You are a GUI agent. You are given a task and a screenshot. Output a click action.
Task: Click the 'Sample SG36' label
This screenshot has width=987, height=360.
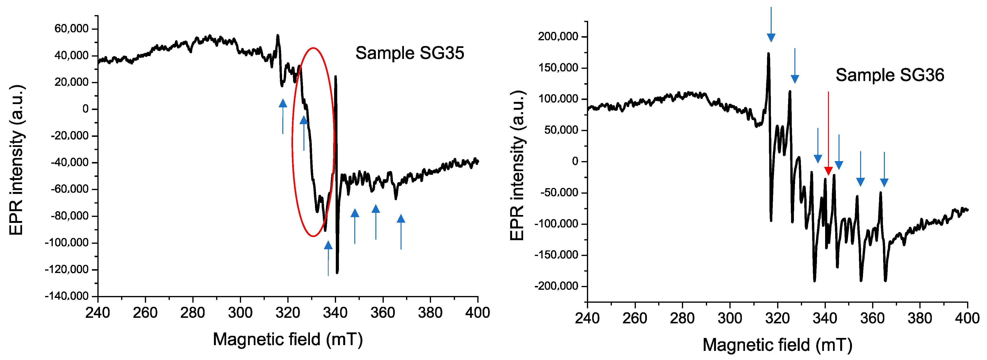click(889, 75)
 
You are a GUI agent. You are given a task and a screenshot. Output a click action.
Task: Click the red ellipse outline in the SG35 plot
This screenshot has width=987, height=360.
click(293, 142)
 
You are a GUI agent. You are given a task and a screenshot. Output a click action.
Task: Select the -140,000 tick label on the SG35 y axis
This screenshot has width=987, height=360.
click(67, 296)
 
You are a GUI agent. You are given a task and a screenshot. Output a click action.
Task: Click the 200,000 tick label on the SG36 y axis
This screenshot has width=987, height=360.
click(558, 36)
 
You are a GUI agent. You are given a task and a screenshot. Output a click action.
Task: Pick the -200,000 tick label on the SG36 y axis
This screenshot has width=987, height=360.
click(556, 286)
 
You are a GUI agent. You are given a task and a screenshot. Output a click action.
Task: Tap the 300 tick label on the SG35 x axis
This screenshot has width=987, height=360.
click(240, 313)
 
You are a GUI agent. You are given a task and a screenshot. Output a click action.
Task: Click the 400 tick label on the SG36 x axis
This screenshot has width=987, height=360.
click(967, 318)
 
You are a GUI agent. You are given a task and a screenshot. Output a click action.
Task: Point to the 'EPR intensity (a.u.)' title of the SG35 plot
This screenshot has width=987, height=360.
click(17, 160)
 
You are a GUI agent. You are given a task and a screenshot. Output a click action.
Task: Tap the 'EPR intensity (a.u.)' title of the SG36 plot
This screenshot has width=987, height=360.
click(517, 165)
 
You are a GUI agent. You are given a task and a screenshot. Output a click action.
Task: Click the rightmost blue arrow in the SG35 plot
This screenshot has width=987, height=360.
click(401, 232)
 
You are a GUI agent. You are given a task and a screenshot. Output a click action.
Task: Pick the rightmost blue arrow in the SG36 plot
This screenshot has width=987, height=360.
click(884, 169)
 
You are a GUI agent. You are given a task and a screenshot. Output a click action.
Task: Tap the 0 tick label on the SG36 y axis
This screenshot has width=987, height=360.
click(575, 161)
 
